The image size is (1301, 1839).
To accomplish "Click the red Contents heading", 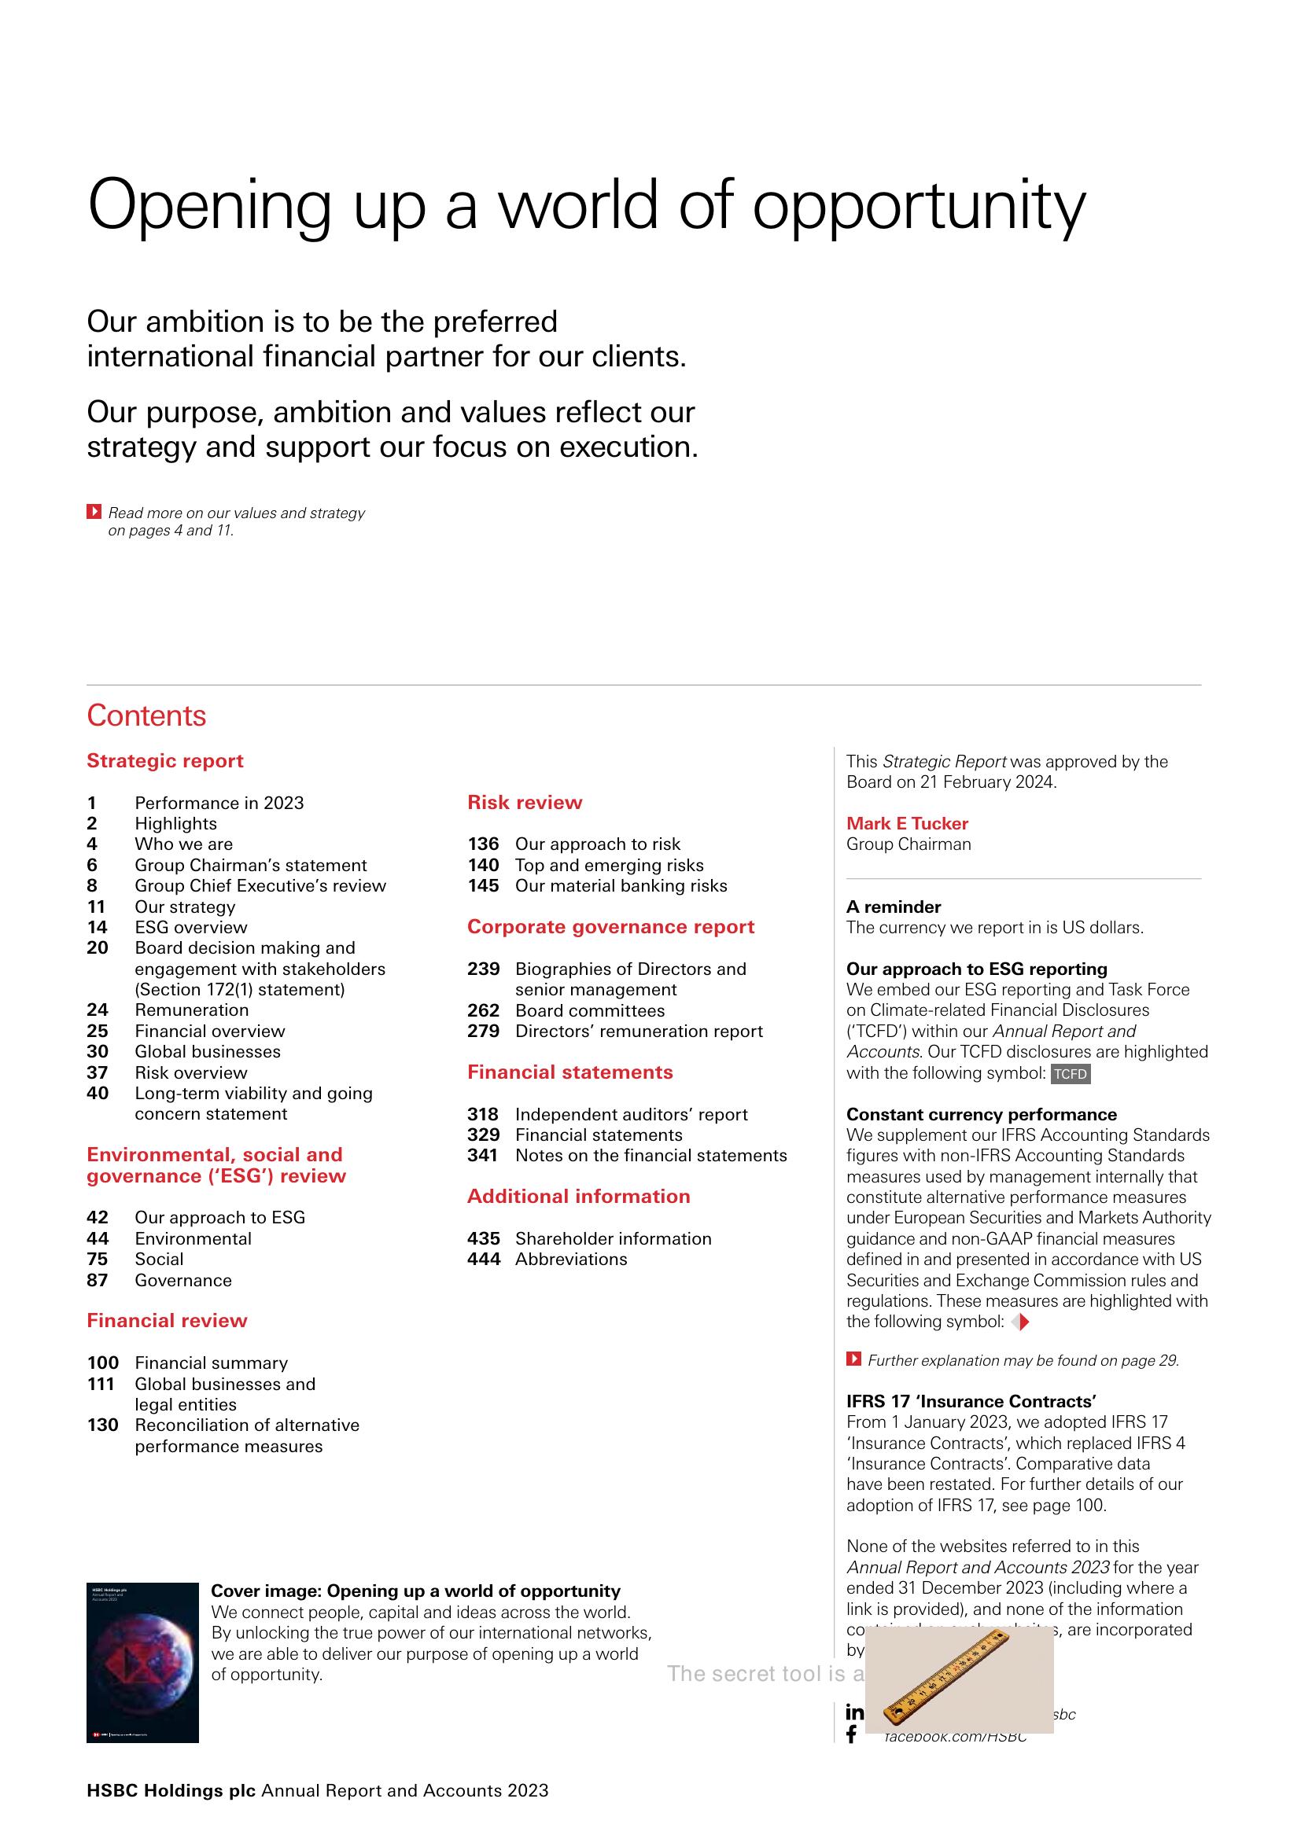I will click(146, 715).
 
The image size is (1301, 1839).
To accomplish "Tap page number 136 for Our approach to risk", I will click(483, 844).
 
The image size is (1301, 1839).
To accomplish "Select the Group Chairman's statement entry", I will click(250, 865).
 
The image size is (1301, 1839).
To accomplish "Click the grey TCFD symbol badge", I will click(1071, 1073).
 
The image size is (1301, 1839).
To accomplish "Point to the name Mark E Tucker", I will click(907, 823).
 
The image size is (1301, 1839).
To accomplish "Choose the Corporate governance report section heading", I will click(610, 927).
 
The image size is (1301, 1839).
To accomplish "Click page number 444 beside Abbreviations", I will click(484, 1259).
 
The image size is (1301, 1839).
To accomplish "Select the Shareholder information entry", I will click(613, 1238).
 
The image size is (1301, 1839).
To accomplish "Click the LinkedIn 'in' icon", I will click(855, 1712).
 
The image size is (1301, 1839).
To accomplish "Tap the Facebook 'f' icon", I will click(852, 1734).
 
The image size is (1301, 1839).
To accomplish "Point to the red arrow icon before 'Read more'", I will click(94, 511).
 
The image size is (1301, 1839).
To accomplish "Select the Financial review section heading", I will click(167, 1321).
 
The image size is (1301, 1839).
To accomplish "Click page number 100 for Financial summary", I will click(102, 1363).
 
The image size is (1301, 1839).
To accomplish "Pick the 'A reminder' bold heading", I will click(894, 907).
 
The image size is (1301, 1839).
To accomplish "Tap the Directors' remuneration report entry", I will click(639, 1031).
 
